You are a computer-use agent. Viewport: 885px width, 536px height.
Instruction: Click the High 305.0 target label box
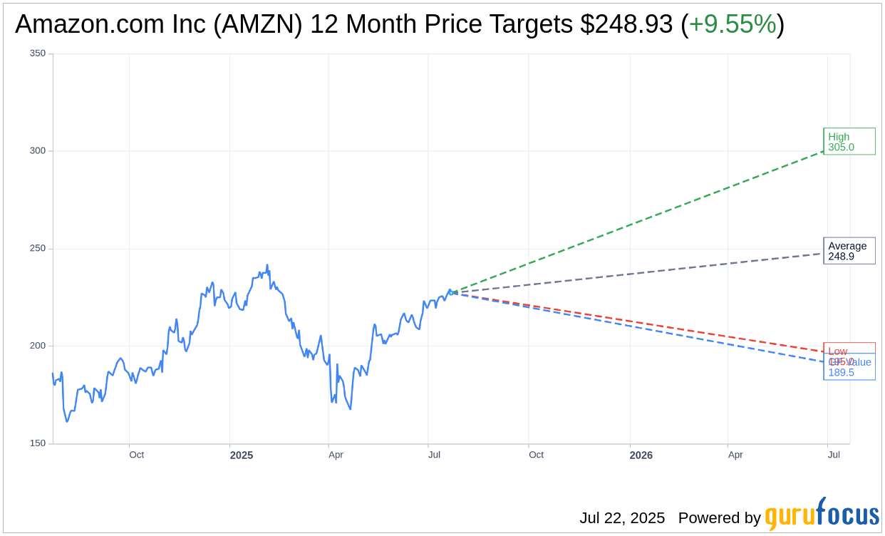point(849,141)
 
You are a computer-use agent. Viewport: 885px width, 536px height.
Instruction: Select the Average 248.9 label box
point(849,251)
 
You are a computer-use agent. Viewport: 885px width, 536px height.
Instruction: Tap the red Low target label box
point(849,349)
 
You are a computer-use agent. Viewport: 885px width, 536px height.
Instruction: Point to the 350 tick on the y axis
point(38,53)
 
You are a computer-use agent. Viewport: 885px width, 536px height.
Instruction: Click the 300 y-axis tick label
point(38,151)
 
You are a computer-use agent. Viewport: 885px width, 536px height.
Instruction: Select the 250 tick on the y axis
point(38,249)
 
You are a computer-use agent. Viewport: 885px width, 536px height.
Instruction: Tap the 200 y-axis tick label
point(38,346)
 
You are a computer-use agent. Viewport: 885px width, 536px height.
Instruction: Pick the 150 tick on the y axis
point(38,443)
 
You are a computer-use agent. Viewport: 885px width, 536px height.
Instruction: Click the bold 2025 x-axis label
point(242,455)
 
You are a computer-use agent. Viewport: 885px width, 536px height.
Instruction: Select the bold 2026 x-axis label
point(641,455)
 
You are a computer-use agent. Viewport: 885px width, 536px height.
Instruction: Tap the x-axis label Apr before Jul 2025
point(336,455)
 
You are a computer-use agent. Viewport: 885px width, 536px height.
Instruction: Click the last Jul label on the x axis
point(834,455)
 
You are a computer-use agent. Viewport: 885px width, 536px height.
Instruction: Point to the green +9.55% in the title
point(733,25)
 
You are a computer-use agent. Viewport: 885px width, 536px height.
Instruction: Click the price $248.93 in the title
point(626,25)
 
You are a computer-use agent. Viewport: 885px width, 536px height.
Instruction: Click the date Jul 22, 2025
point(622,518)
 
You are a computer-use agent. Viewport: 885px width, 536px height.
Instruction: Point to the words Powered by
point(719,518)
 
